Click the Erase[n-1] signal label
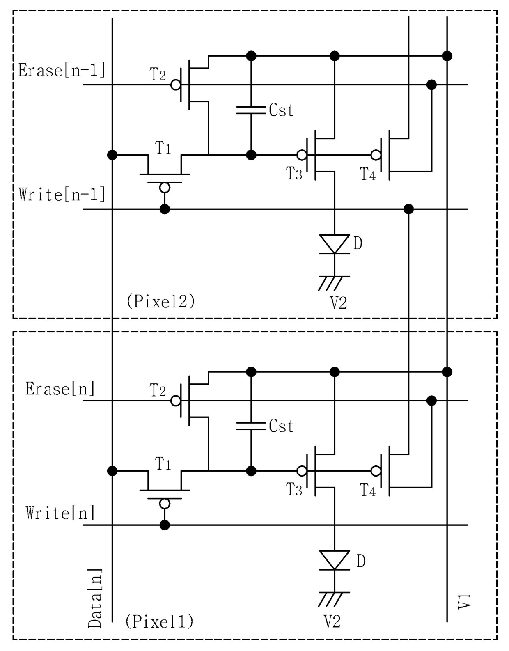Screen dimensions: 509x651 [62, 71]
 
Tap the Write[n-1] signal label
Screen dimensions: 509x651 [62, 194]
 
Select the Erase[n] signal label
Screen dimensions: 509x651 [60, 389]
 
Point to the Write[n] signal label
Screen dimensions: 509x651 [60, 513]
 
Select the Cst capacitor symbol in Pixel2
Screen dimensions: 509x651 [251, 110]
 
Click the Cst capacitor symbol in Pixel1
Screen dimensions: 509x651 [251, 426]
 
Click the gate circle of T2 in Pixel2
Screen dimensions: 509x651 [176, 85]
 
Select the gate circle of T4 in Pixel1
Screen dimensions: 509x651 [376, 471]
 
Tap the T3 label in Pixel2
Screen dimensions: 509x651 [294, 174]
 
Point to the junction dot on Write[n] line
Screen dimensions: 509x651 [165, 525]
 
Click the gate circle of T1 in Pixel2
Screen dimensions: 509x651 [165, 188]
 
